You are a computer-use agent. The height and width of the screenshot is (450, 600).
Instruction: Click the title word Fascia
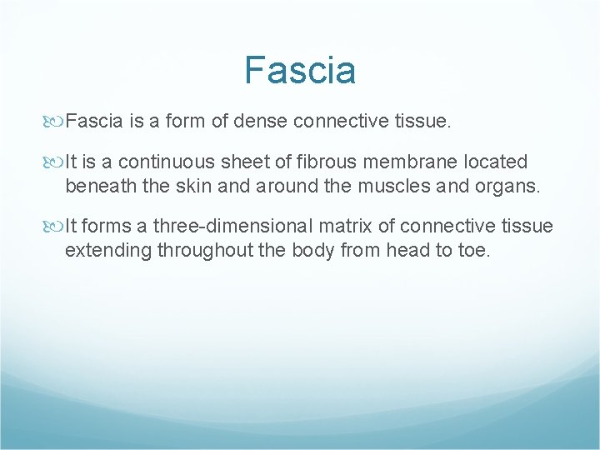tap(300, 70)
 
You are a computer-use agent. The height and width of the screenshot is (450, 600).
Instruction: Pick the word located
tap(497, 162)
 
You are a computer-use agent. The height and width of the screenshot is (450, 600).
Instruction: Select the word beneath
tap(101, 186)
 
